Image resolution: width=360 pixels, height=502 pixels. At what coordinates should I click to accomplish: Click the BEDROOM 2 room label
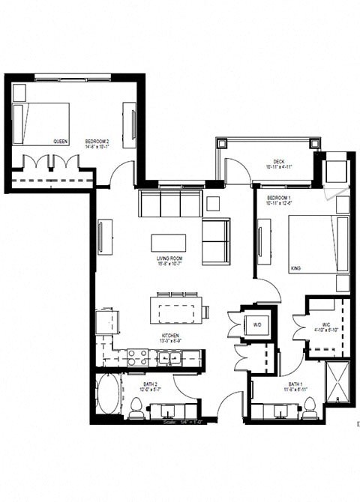[x=97, y=142]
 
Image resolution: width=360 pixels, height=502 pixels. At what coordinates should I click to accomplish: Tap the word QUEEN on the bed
[x=61, y=141]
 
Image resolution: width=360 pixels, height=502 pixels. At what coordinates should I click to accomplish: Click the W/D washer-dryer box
[x=257, y=325]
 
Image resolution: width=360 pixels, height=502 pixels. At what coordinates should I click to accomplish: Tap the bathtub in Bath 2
[x=107, y=395]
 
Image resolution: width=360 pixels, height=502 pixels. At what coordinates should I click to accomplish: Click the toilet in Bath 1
[x=309, y=407]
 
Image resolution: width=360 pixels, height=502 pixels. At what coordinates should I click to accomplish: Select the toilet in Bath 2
[x=136, y=407]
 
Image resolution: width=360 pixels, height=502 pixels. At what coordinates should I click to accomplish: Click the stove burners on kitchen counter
[x=137, y=357]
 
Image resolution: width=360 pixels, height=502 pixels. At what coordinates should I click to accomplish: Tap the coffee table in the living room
[x=168, y=243]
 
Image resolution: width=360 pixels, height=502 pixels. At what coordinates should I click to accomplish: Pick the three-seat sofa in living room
[x=170, y=202]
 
